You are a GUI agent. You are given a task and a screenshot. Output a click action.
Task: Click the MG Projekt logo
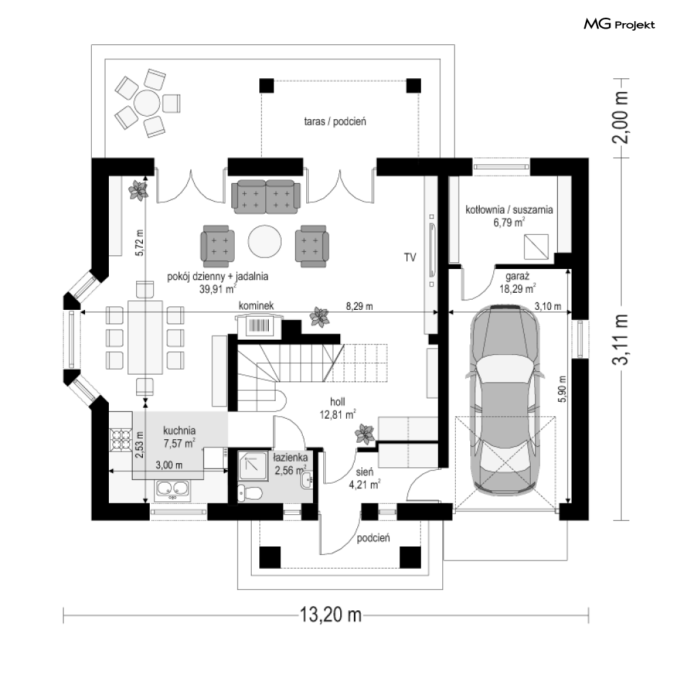tap(619, 25)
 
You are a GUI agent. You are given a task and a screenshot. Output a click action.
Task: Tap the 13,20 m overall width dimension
tap(329, 616)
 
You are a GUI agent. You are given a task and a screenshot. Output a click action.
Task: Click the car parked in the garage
tap(508, 400)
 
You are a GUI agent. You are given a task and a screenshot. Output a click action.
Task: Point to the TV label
tap(409, 257)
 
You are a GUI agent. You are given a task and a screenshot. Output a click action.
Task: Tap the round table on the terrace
tap(148, 104)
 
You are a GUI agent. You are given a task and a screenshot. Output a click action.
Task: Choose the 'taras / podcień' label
tap(335, 122)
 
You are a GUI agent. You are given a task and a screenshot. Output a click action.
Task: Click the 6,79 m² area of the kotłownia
tap(509, 222)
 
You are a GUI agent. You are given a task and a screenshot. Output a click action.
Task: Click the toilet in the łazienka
tap(250, 492)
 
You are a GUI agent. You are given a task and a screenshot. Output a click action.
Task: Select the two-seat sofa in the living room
tap(265, 197)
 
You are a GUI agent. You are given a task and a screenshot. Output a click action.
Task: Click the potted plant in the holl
tap(365, 434)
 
